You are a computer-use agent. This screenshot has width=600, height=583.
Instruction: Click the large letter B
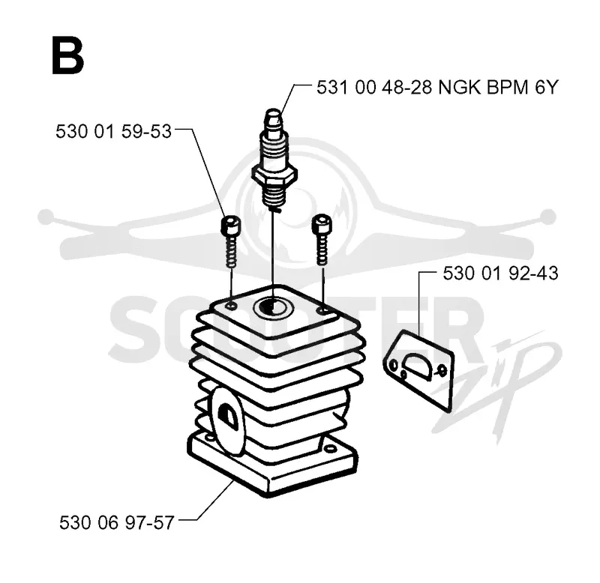pyautogui.click(x=67, y=55)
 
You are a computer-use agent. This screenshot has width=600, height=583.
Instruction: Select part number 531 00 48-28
pyautogui.click(x=374, y=88)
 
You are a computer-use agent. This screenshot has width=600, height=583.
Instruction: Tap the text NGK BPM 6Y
pyautogui.click(x=498, y=88)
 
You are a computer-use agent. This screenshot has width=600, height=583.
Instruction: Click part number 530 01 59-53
pyautogui.click(x=113, y=131)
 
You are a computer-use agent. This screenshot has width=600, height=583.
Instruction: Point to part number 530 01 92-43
pyautogui.click(x=500, y=274)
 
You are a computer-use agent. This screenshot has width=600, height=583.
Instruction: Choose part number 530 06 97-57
pyautogui.click(x=117, y=522)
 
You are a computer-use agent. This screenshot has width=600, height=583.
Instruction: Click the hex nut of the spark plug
pyautogui.click(x=274, y=176)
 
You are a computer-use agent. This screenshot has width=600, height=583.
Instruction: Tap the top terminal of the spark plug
pyautogui.click(x=274, y=118)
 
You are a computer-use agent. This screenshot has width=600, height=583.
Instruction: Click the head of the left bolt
pyautogui.click(x=231, y=226)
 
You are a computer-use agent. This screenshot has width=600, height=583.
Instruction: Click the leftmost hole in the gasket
pyautogui.click(x=393, y=366)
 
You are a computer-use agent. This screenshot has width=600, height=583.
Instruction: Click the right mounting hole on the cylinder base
pyautogui.click(x=328, y=448)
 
